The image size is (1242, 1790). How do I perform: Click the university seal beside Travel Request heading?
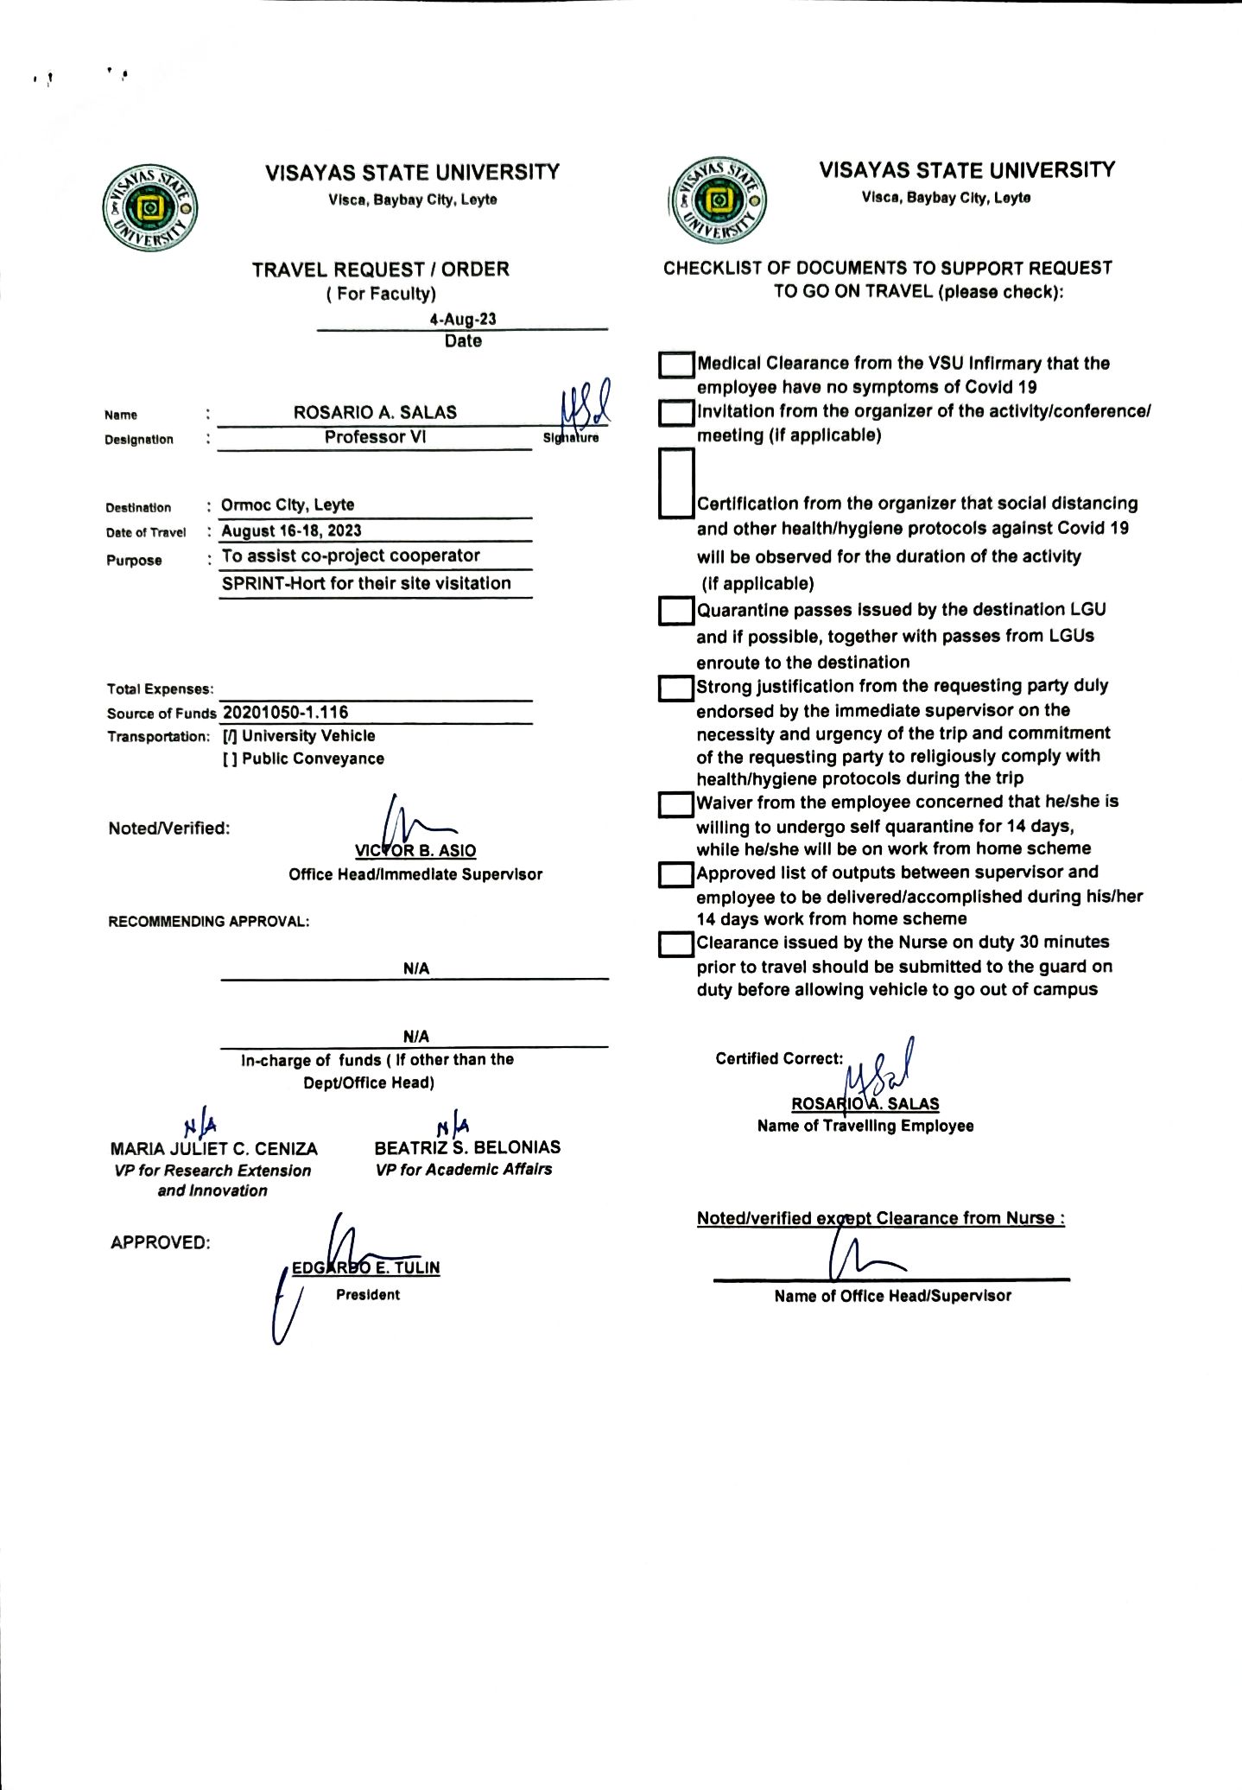(x=150, y=208)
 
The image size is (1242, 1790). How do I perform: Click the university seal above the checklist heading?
(x=718, y=202)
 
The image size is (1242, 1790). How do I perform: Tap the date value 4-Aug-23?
(x=463, y=319)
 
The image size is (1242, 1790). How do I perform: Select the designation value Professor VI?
(x=375, y=437)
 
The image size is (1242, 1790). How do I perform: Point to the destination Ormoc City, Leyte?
(x=288, y=505)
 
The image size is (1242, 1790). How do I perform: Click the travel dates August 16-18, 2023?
(x=291, y=530)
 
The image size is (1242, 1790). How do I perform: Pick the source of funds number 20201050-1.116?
(x=286, y=713)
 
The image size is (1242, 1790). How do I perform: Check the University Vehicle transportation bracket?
(x=230, y=736)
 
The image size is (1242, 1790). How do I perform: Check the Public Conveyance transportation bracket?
(x=230, y=759)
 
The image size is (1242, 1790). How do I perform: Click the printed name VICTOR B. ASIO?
(x=415, y=850)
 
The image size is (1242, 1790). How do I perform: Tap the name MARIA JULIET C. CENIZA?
(x=213, y=1149)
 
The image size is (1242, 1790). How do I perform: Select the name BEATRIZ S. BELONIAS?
(x=467, y=1147)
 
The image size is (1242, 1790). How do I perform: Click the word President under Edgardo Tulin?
(x=368, y=1294)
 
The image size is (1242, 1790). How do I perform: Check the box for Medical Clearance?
(x=676, y=365)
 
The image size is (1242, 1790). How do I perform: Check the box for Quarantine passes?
(x=676, y=611)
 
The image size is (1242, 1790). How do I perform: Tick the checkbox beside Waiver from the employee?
(x=676, y=804)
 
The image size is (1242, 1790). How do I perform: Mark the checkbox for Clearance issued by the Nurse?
(x=676, y=944)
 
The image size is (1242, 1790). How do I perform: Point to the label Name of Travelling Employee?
(x=865, y=1126)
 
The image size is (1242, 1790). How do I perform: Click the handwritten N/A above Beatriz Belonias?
(x=453, y=1126)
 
